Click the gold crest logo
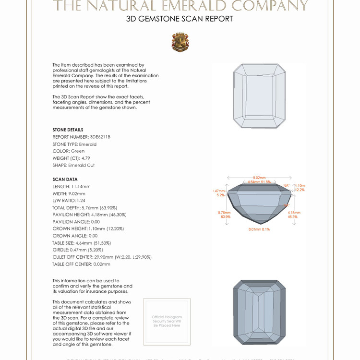pyautogui.click(x=180, y=42)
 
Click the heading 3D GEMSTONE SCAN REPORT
pyautogui.click(x=180, y=19)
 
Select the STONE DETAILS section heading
pyautogui.click(x=68, y=130)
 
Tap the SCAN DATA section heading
pyautogui.click(x=65, y=180)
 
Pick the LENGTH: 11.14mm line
pyautogui.click(x=72, y=186)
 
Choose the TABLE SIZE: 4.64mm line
pyautogui.click(x=84, y=243)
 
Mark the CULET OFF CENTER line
pyautogui.click(x=102, y=257)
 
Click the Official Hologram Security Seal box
pyautogui.click(x=167, y=321)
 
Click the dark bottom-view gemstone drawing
pyautogui.click(x=258, y=312)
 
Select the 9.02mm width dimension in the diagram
pyautogui.click(x=259, y=178)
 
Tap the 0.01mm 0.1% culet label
pyautogui.click(x=259, y=229)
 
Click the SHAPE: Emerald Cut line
pyautogui.click(x=73, y=165)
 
